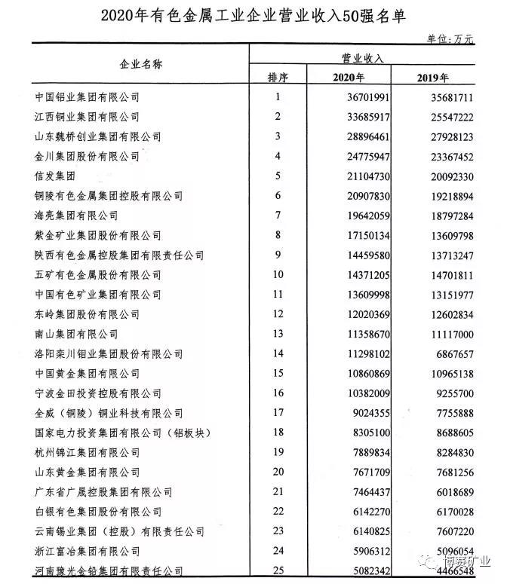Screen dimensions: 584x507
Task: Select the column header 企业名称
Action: point(141,65)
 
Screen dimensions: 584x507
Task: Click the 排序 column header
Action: point(278,78)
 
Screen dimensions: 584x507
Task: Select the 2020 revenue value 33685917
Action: point(364,117)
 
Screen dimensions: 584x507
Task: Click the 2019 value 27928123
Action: point(445,136)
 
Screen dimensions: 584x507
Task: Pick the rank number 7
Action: point(278,216)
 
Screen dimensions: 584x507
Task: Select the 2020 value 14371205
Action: point(364,274)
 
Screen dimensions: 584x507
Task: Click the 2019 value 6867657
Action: point(450,353)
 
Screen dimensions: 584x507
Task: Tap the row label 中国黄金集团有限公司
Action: point(88,373)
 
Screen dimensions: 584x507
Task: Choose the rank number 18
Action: point(278,433)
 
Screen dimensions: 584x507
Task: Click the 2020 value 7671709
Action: point(367,472)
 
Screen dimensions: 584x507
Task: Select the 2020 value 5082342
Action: point(367,570)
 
